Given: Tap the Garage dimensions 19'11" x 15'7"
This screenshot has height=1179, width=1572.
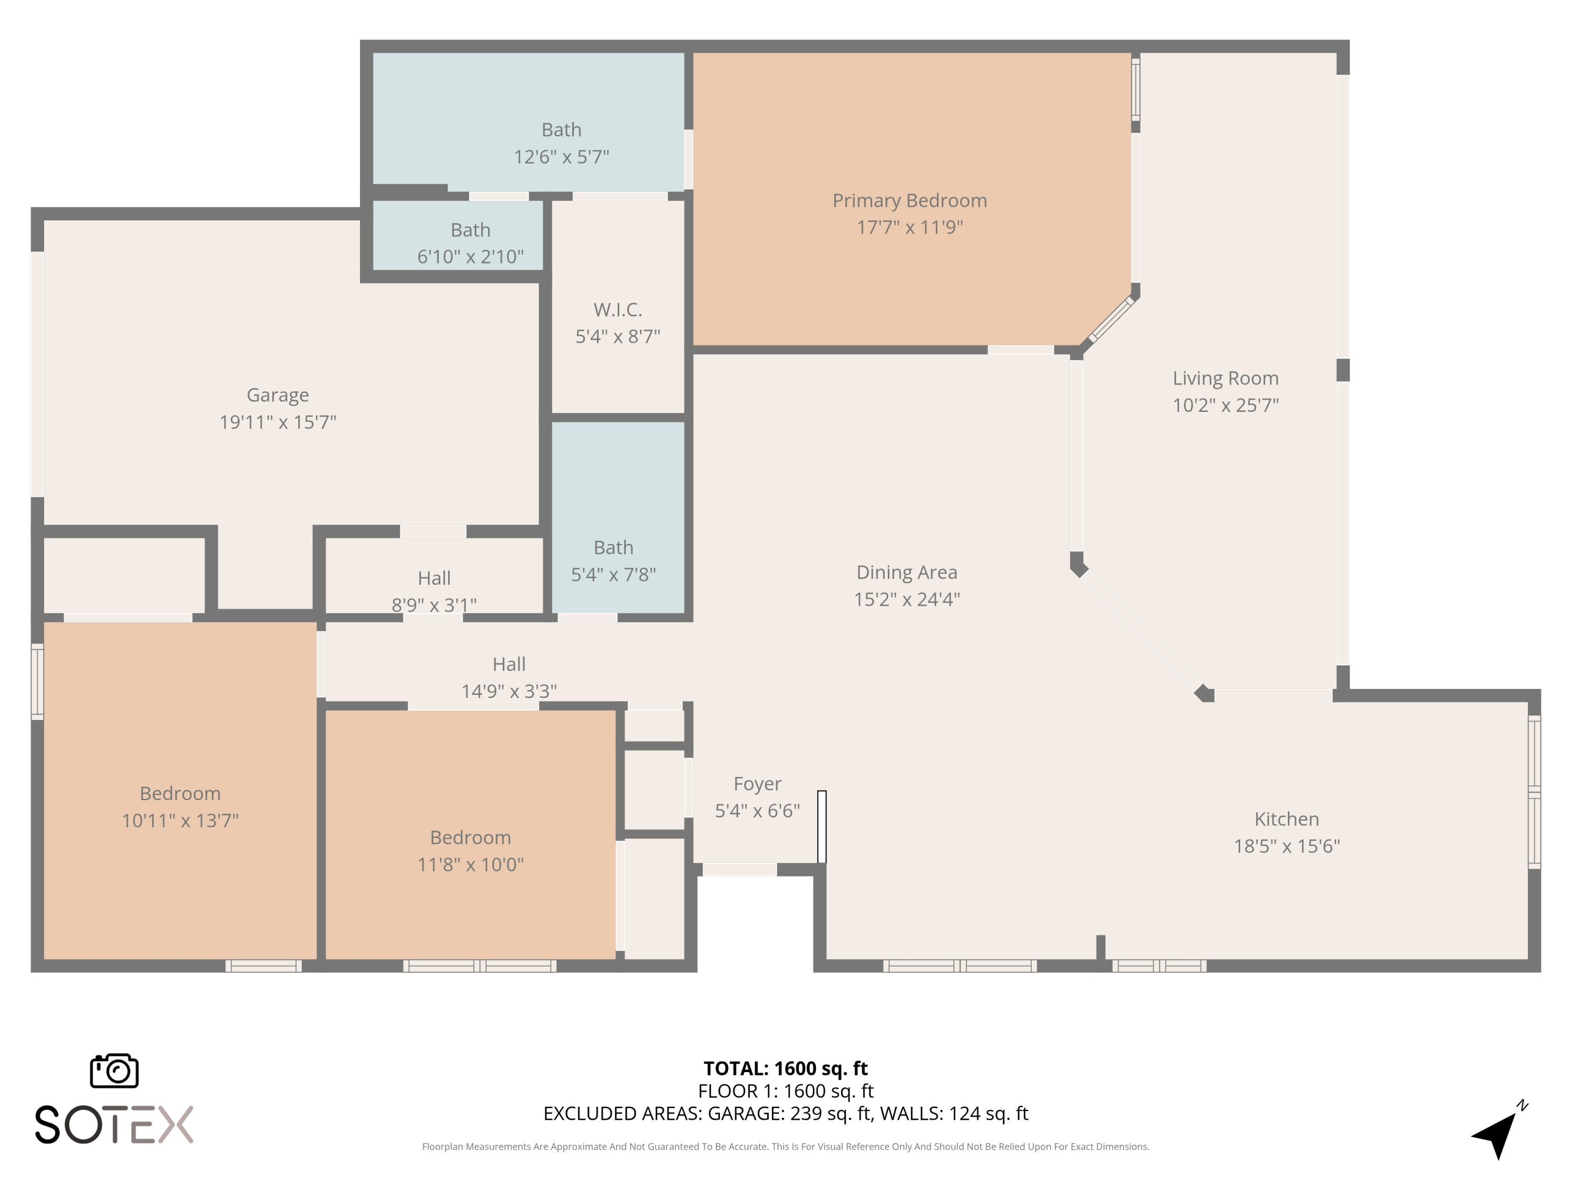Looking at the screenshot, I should [277, 422].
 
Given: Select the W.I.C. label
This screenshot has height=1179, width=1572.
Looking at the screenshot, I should [618, 310].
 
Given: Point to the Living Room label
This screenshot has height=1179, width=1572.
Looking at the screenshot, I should [1225, 378].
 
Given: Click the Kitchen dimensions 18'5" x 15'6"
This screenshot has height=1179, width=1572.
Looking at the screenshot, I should [1286, 846].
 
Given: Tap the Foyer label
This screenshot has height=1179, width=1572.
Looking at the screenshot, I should [757, 784].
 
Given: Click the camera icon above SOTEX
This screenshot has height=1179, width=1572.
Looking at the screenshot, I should [114, 1070].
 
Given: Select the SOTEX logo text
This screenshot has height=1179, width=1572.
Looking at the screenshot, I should [114, 1125].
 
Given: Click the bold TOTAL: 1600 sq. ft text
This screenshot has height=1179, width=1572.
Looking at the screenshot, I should [785, 1068].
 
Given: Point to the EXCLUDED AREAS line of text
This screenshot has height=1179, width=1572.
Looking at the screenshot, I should [785, 1113].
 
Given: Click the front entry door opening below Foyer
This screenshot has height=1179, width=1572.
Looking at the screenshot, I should [739, 870].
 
